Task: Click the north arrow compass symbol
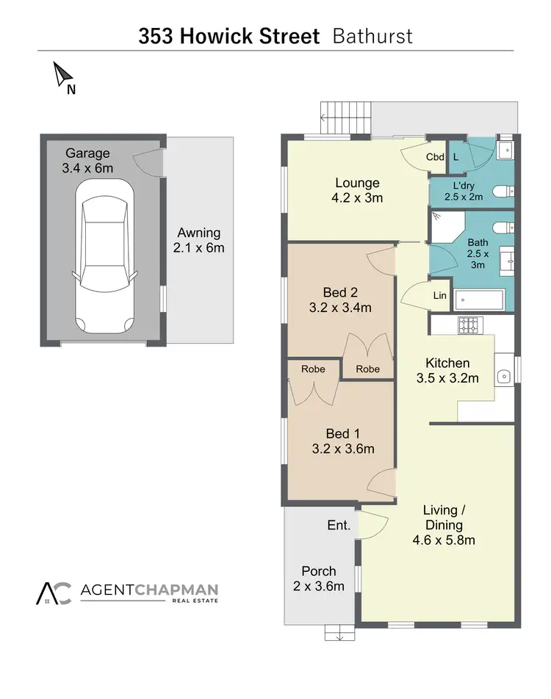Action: pyautogui.click(x=64, y=76)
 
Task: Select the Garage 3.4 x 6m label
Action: pyautogui.click(x=87, y=161)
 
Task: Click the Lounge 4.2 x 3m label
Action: pyautogui.click(x=357, y=190)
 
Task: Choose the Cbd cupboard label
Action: pyautogui.click(x=435, y=157)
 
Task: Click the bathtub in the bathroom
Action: pyautogui.click(x=479, y=300)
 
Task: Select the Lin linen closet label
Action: pyautogui.click(x=440, y=295)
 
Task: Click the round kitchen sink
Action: pyautogui.click(x=504, y=377)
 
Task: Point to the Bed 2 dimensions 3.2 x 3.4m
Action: pyautogui.click(x=340, y=308)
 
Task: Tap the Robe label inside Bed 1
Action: pyautogui.click(x=312, y=369)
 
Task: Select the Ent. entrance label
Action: pyautogui.click(x=339, y=526)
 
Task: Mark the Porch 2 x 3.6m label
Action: pyautogui.click(x=319, y=578)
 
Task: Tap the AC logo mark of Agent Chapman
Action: pyautogui.click(x=54, y=593)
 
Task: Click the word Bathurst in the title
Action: pyautogui.click(x=372, y=36)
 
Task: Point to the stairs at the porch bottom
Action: pyautogui.click(x=339, y=632)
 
